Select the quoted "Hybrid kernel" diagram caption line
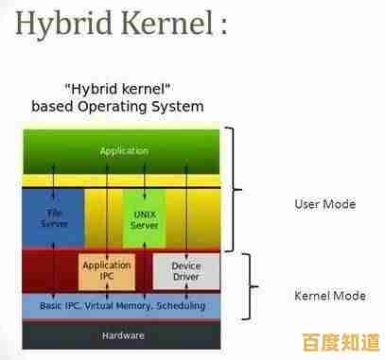(x=117, y=89)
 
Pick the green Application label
(x=124, y=150)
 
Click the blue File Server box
(x=52, y=218)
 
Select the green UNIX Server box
(x=144, y=218)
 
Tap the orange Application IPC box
(x=106, y=272)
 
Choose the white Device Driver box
(x=185, y=272)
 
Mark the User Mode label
(x=324, y=203)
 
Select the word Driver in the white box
(x=185, y=278)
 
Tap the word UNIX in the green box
(x=144, y=214)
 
